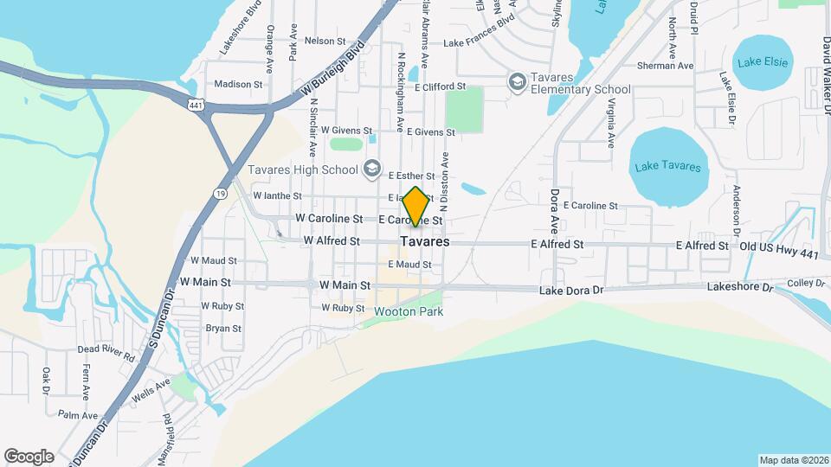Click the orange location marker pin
pyautogui.click(x=415, y=206)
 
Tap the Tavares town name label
pyautogui.click(x=424, y=242)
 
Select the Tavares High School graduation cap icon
pyautogui.click(x=373, y=168)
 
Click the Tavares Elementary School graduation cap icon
pyautogui.click(x=517, y=81)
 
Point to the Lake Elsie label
pyautogui.click(x=762, y=62)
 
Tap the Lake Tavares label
pyautogui.click(x=667, y=167)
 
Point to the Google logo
pyautogui.click(x=29, y=457)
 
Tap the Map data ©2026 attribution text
pyautogui.click(x=794, y=460)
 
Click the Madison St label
pyautogui.click(x=238, y=84)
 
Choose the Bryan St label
pyautogui.click(x=223, y=328)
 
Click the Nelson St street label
pyautogui.click(x=325, y=41)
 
